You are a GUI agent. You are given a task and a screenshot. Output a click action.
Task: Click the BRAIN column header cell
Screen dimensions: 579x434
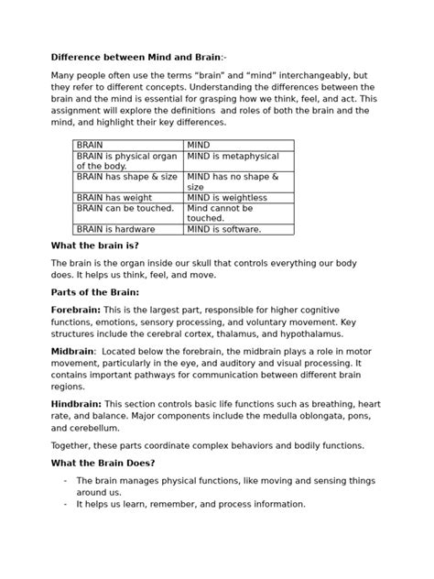pyautogui.click(x=129, y=145)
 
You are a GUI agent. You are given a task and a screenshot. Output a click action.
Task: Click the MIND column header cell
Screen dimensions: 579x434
pyautogui.click(x=238, y=145)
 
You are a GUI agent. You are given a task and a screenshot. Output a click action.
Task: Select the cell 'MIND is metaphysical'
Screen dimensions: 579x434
pyautogui.click(x=238, y=156)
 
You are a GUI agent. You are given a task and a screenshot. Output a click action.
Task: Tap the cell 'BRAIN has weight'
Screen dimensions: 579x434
pyautogui.click(x=129, y=197)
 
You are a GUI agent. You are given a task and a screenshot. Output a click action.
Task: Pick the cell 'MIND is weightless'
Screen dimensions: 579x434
pyautogui.click(x=238, y=197)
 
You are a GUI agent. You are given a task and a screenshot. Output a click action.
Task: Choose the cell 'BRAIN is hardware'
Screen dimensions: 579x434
pyautogui.click(x=129, y=229)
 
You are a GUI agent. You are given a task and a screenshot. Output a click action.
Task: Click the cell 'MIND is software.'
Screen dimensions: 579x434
pyautogui.click(x=238, y=229)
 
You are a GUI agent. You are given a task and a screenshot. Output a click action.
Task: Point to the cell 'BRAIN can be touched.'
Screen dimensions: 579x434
pyautogui.click(x=129, y=208)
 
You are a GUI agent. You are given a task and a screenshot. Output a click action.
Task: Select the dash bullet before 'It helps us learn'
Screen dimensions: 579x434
pyautogui.click(x=65, y=504)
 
